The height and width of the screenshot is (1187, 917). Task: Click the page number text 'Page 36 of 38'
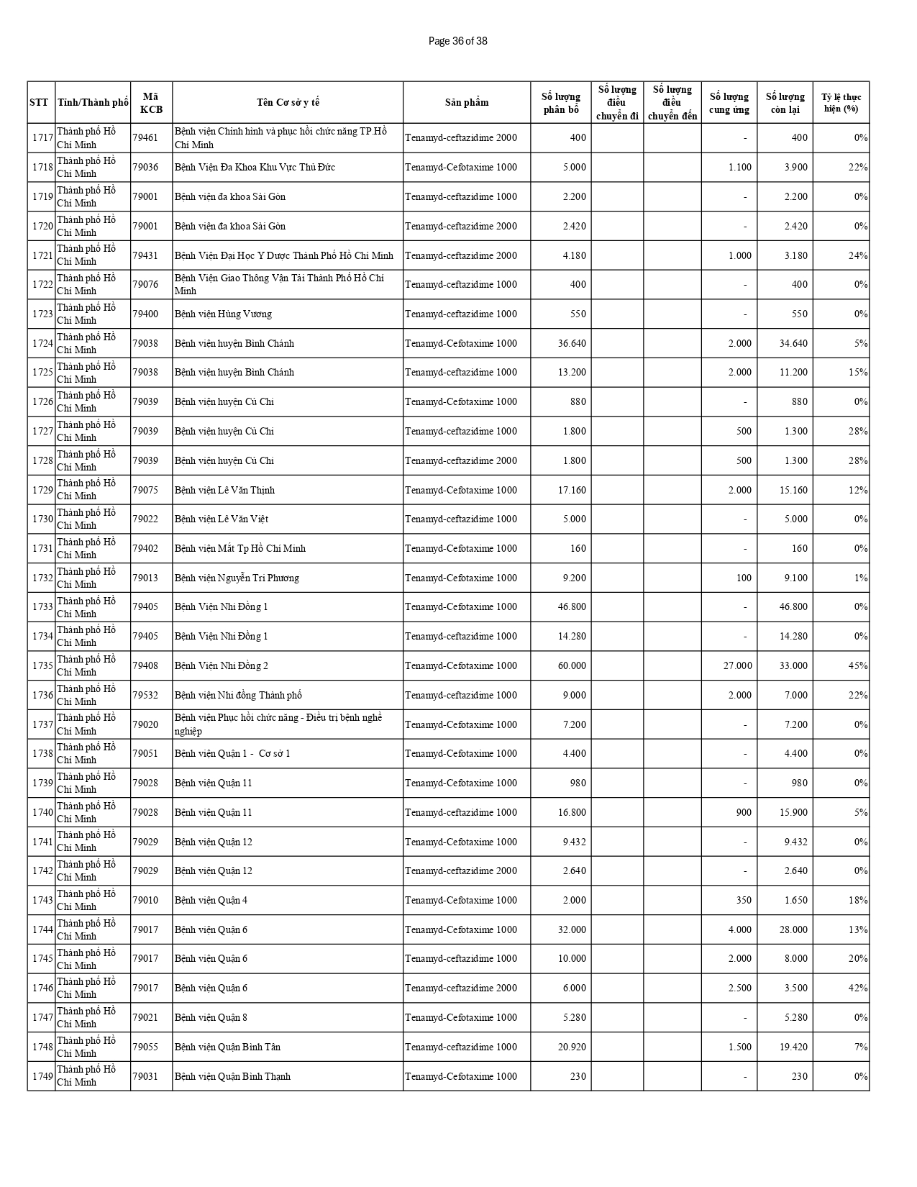[457, 41]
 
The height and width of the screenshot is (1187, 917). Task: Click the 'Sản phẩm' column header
[466, 102]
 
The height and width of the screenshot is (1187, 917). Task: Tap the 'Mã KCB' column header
[151, 102]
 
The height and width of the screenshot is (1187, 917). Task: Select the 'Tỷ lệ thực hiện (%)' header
[841, 102]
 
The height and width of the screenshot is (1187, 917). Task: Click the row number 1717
[42, 137]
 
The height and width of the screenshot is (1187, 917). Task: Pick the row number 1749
[42, 1076]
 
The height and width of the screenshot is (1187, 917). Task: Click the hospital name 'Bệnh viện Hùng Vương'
[223, 314]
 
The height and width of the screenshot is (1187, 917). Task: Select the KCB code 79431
[145, 255]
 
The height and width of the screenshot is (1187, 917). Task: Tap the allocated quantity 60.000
[572, 665]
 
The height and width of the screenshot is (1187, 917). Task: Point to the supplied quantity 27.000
[737, 665]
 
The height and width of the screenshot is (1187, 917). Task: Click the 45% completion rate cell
[858, 665]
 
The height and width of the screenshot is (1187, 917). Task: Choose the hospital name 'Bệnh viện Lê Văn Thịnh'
[224, 490]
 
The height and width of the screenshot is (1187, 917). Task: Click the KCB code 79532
[145, 695]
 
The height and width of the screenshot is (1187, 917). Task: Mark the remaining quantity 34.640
[793, 343]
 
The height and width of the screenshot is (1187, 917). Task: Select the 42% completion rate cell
[858, 988]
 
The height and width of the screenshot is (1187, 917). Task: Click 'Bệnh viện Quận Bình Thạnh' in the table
[232, 1076]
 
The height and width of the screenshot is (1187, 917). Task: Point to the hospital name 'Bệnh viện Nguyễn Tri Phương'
[237, 578]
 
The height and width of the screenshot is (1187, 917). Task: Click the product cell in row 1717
[461, 137]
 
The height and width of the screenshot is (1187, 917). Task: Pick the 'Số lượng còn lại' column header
[785, 102]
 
